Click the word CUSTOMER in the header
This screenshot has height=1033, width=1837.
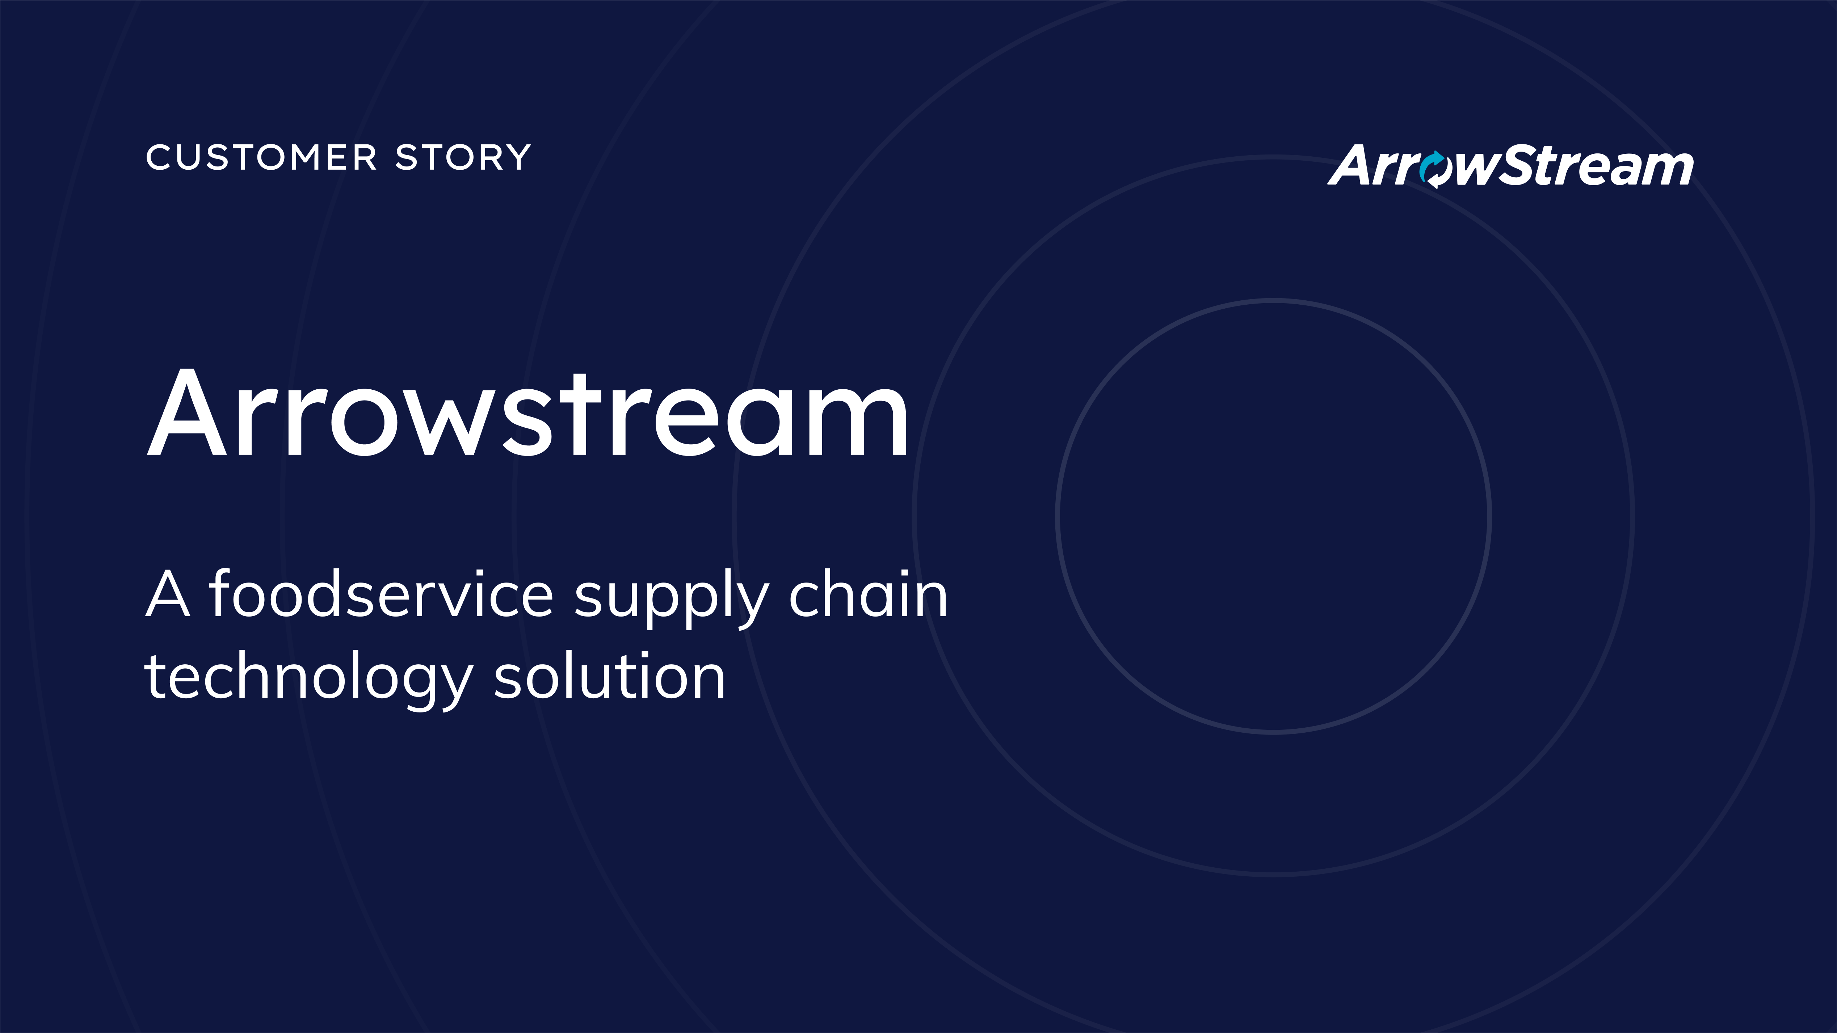pos(261,157)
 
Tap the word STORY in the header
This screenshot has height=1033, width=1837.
pos(463,157)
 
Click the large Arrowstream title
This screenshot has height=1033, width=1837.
pos(528,414)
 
